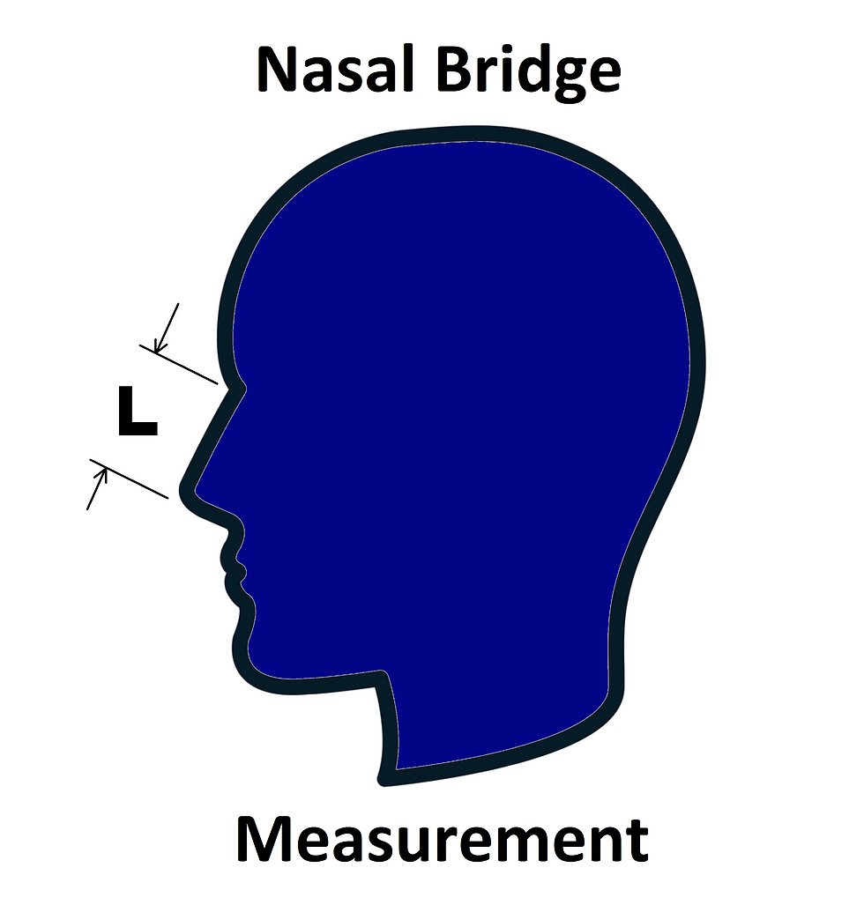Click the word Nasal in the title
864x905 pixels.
[x=335, y=70]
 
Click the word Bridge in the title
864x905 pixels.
[x=528, y=75]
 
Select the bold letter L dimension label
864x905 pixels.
[x=138, y=412]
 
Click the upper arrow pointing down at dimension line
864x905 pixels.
[x=167, y=327]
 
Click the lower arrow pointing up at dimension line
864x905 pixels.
[x=97, y=488]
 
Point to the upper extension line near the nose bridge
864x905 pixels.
[x=178, y=364]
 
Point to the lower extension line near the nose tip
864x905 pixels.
[x=129, y=478]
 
